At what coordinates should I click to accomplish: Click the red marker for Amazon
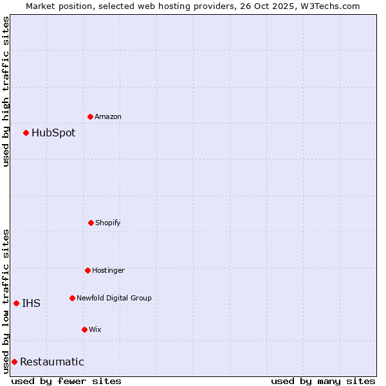pyautogui.click(x=91, y=116)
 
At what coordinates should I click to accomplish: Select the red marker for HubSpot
pyautogui.click(x=26, y=133)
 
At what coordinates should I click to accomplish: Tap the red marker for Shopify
pyautogui.click(x=91, y=223)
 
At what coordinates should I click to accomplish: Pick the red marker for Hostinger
pyautogui.click(x=88, y=270)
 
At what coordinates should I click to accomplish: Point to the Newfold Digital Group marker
pyautogui.click(x=73, y=298)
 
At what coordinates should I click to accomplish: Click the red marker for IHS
pyautogui.click(x=17, y=303)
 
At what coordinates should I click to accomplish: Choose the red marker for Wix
pyautogui.click(x=85, y=329)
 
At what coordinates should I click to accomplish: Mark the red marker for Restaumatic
pyautogui.click(x=15, y=362)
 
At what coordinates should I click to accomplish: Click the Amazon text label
pyautogui.click(x=108, y=117)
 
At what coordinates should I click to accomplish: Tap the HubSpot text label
pyautogui.click(x=53, y=133)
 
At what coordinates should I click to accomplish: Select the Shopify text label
pyautogui.click(x=108, y=223)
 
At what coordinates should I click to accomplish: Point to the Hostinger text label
pyautogui.click(x=108, y=271)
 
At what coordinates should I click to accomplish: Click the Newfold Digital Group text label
pyautogui.click(x=114, y=299)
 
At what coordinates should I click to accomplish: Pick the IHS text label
pyautogui.click(x=31, y=304)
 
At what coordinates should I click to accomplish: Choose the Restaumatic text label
pyautogui.click(x=51, y=362)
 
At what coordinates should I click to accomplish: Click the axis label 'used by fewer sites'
pyautogui.click(x=66, y=381)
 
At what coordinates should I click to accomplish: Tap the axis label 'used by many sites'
pyautogui.click(x=323, y=381)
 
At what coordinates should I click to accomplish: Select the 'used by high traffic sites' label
pyautogui.click(x=6, y=91)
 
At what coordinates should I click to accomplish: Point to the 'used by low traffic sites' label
pyautogui.click(x=6, y=301)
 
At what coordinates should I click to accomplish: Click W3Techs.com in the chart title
pyautogui.click(x=328, y=6)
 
